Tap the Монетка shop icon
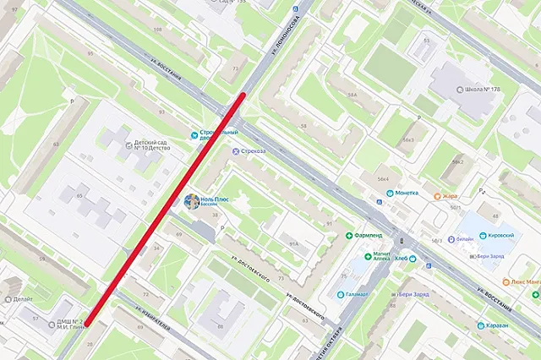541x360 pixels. [x=390, y=193]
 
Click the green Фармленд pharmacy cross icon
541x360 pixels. [x=348, y=235]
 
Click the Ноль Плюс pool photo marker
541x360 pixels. [x=193, y=202]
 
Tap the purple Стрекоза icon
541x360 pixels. [x=236, y=151]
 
